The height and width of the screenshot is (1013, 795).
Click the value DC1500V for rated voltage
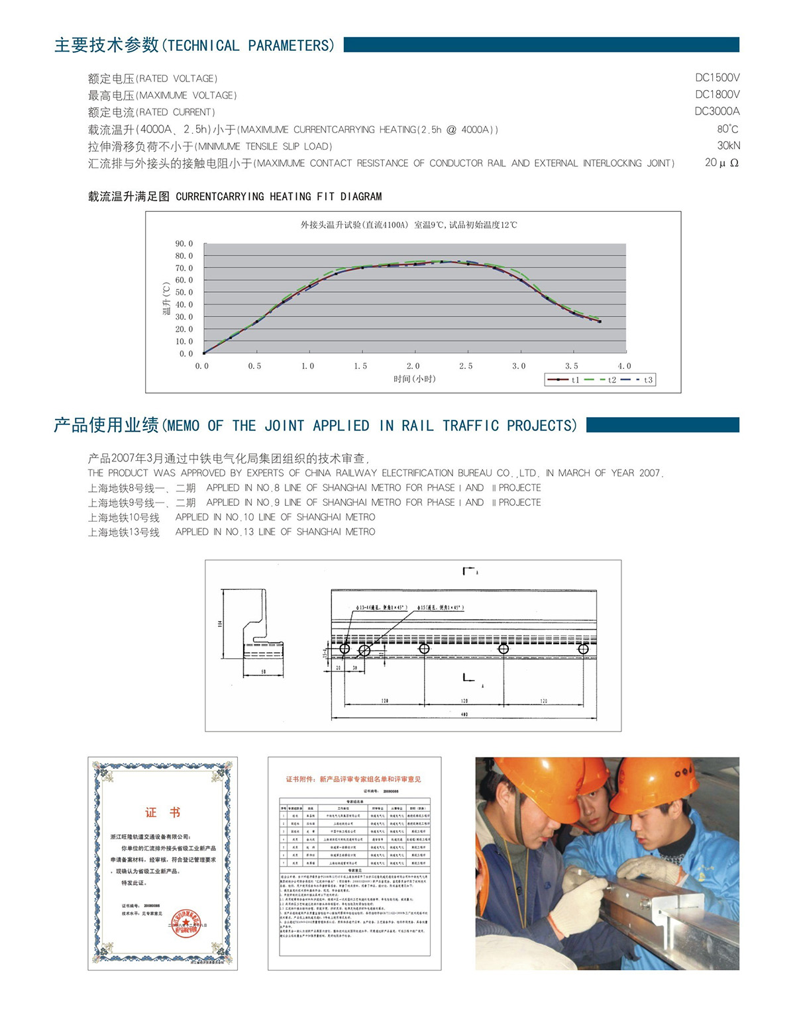pyautogui.click(x=717, y=77)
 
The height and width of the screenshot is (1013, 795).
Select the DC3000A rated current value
pyautogui.click(x=717, y=111)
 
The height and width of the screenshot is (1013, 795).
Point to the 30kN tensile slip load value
pyautogui.click(x=728, y=146)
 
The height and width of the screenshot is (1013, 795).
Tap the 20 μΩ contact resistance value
pyautogui.click(x=721, y=163)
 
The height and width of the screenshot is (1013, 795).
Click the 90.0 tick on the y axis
pyautogui.click(x=184, y=244)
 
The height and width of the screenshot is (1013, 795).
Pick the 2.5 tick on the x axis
pyautogui.click(x=466, y=366)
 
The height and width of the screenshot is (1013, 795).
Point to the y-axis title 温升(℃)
pyautogui.click(x=166, y=299)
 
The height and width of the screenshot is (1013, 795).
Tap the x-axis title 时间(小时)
pyautogui.click(x=414, y=379)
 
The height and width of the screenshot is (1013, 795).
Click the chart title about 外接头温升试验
pyautogui.click(x=409, y=225)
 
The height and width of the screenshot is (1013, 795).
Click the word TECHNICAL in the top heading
pyautogui.click(x=203, y=46)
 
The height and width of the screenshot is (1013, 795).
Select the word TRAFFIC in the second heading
pyautogui.click(x=470, y=426)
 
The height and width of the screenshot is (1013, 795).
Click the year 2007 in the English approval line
pyautogui.click(x=650, y=473)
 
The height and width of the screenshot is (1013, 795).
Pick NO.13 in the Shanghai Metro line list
pyautogui.click(x=239, y=532)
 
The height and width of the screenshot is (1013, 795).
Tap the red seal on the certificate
pyautogui.click(x=187, y=922)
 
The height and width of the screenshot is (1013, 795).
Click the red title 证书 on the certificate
pyautogui.click(x=162, y=812)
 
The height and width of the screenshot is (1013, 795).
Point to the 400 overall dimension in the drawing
pyautogui.click(x=464, y=714)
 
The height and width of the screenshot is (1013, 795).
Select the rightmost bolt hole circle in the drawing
pyautogui.click(x=583, y=649)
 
